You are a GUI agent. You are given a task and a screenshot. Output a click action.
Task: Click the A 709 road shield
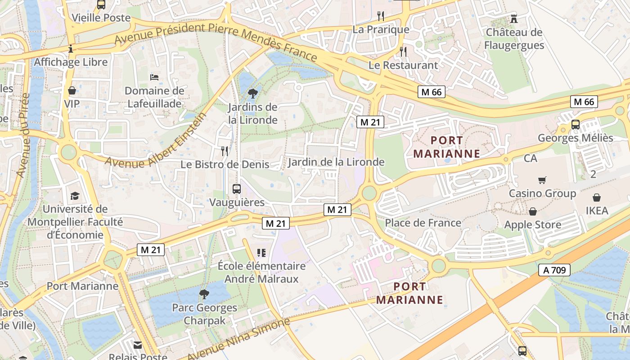coord(554,270)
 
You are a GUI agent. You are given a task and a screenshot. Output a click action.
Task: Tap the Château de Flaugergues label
coord(514,39)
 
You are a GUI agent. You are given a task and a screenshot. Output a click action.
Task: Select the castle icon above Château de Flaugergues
coord(514,19)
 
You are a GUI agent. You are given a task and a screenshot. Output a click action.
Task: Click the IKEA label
coord(597,211)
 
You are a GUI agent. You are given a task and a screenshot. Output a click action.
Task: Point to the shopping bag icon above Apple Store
coord(533,211)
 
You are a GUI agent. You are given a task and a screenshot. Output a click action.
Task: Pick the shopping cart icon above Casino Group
coord(542,180)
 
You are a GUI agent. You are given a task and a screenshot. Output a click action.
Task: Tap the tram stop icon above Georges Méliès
coord(575,125)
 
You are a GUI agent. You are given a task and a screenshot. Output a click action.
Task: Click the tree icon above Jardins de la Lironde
coord(252,94)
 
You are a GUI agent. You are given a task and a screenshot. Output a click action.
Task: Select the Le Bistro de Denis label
coord(225,164)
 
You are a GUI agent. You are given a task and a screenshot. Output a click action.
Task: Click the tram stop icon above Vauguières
coord(237,189)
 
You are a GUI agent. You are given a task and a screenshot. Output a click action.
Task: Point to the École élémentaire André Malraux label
coord(261,272)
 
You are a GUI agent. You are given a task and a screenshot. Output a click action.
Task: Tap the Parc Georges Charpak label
coord(204,315)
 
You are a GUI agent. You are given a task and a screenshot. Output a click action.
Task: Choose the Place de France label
coord(423,223)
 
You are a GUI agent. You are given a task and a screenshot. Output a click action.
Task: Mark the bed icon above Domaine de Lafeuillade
coord(154,77)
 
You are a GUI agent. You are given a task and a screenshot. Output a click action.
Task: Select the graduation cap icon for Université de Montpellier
coord(75,196)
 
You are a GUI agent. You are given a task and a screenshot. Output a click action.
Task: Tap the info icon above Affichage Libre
coord(71,49)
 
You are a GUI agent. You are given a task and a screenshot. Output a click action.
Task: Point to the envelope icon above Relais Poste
coord(138,345)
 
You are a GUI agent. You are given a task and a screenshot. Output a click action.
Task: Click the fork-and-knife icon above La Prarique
coord(381,16)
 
